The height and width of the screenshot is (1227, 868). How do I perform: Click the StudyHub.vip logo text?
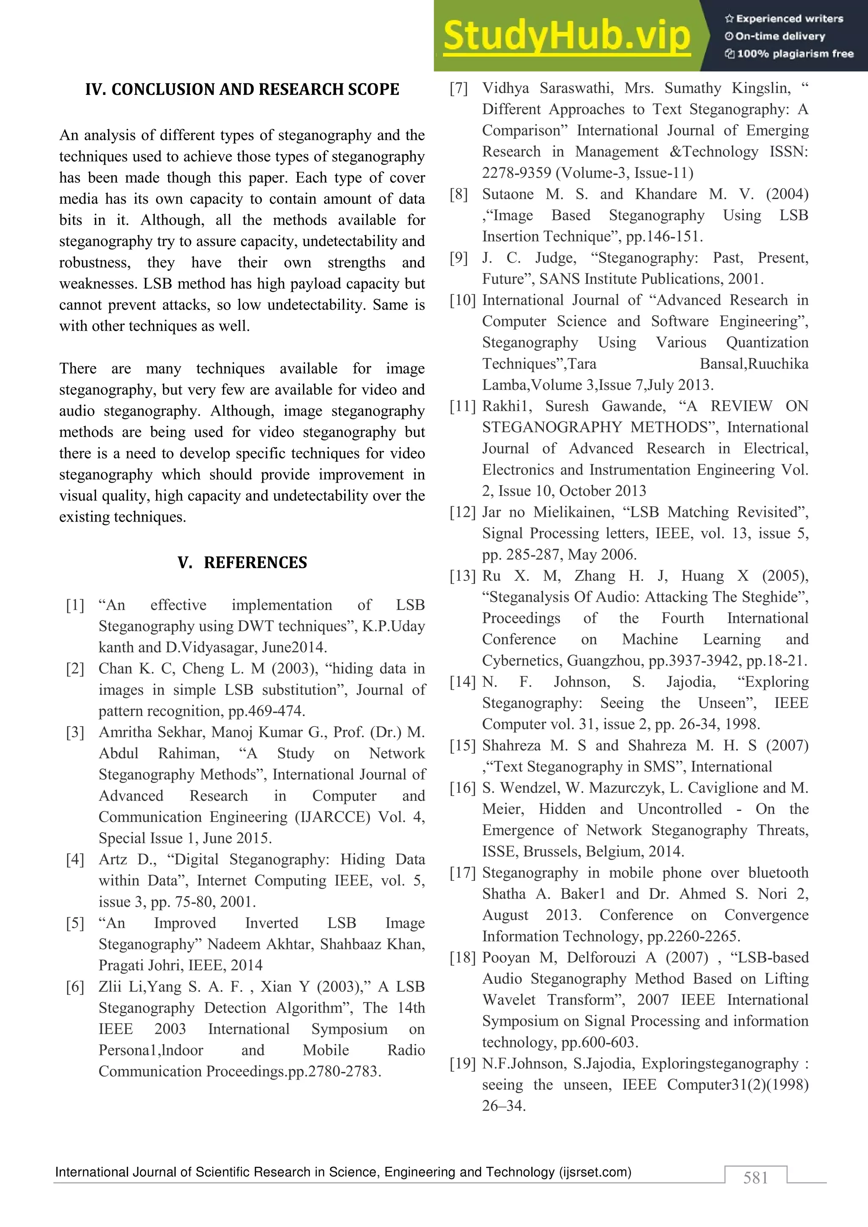pyautogui.click(x=567, y=36)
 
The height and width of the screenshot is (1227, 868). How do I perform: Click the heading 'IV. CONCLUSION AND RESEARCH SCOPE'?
pyautogui.click(x=242, y=89)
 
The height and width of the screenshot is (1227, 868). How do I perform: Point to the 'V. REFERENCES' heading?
pyautogui.click(x=242, y=563)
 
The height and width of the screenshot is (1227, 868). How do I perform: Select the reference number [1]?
pyautogui.click(x=75, y=605)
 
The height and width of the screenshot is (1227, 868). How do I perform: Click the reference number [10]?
pyautogui.click(x=462, y=300)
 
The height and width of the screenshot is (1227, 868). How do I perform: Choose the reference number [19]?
pyautogui.click(x=462, y=1064)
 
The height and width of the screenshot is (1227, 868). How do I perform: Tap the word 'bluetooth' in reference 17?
pyautogui.click(x=778, y=873)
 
